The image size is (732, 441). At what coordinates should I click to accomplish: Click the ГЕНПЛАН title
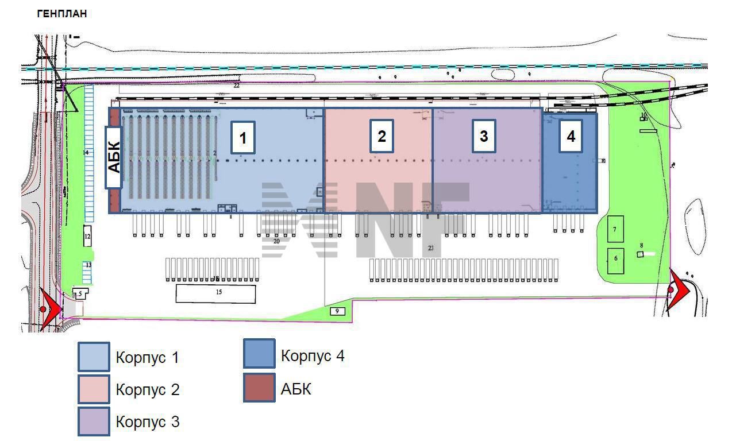click(x=62, y=14)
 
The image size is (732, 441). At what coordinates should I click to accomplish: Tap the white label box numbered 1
click(x=243, y=138)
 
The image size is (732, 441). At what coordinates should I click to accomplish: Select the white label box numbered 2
click(x=382, y=136)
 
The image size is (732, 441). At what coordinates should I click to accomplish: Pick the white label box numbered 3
click(x=484, y=136)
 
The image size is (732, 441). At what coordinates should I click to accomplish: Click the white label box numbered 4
click(x=571, y=136)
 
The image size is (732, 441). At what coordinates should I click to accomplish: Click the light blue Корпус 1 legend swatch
click(x=94, y=357)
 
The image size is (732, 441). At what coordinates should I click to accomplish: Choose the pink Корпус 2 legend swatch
click(x=94, y=389)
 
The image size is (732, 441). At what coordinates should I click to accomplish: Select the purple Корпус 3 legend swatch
click(x=94, y=421)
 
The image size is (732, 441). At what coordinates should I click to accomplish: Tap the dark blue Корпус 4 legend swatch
click(x=259, y=355)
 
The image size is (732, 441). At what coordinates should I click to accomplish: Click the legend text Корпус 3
click(x=148, y=423)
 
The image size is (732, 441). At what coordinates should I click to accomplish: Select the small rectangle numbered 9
click(x=337, y=311)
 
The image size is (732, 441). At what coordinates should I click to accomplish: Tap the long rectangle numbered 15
click(x=215, y=293)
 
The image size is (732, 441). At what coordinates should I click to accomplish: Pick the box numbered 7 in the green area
click(x=616, y=229)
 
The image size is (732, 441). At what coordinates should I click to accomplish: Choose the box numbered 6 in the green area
click(x=616, y=260)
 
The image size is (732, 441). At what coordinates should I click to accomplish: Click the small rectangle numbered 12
click(x=88, y=236)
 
